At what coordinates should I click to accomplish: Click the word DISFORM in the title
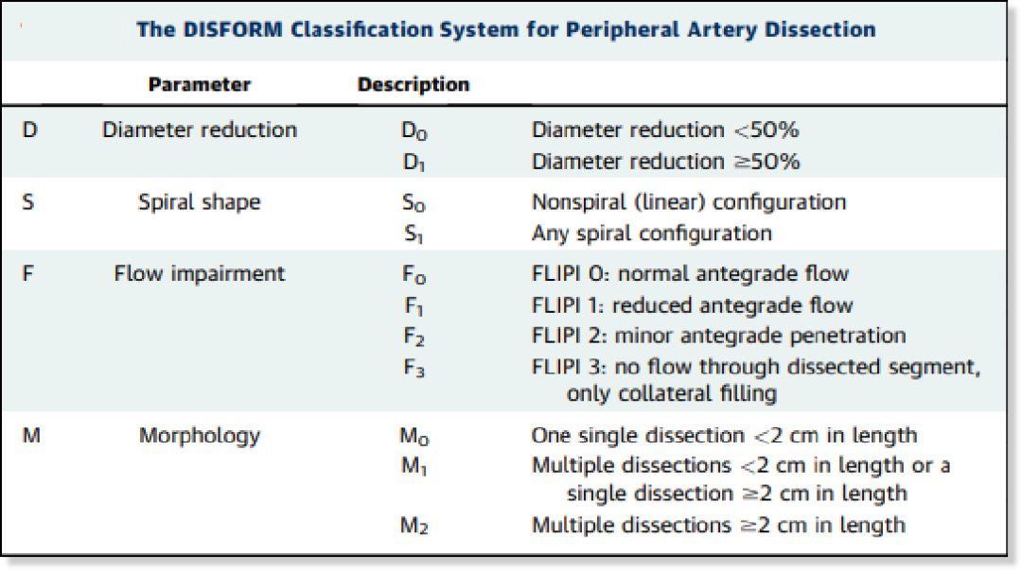pyautogui.click(x=233, y=29)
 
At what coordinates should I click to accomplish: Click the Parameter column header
pyautogui.click(x=200, y=85)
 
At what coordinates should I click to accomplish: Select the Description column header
pyautogui.click(x=414, y=85)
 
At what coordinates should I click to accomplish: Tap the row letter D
pyautogui.click(x=30, y=130)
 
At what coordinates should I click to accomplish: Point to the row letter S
pyautogui.click(x=28, y=202)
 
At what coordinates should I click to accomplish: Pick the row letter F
pyautogui.click(x=27, y=273)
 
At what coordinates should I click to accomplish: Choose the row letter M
pyautogui.click(x=31, y=435)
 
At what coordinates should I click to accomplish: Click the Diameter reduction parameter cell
pyautogui.click(x=200, y=130)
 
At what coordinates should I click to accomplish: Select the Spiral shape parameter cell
pyautogui.click(x=200, y=202)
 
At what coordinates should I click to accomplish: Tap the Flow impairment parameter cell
pyautogui.click(x=200, y=273)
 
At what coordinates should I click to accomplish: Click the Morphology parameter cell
pyautogui.click(x=200, y=435)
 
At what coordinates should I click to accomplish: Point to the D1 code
pyautogui.click(x=414, y=163)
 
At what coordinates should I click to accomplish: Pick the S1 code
pyautogui.click(x=414, y=234)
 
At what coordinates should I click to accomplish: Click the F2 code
pyautogui.click(x=414, y=337)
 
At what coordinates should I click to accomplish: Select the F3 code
pyautogui.click(x=414, y=368)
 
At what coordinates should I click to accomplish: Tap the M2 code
pyautogui.click(x=414, y=526)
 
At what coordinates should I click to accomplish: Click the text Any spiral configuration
pyautogui.click(x=652, y=234)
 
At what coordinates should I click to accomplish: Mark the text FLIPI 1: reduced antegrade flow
pyautogui.click(x=692, y=304)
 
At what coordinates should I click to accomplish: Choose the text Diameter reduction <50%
pyautogui.click(x=665, y=130)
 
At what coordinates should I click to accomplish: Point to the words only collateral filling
pyautogui.click(x=672, y=393)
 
